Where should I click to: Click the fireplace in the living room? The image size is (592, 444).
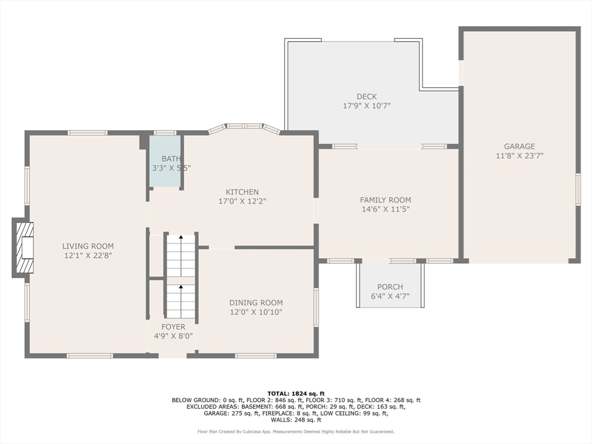point(23,247)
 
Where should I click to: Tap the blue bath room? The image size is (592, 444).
point(165,161)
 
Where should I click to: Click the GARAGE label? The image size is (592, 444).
point(520,146)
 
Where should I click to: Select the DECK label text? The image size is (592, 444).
point(367,97)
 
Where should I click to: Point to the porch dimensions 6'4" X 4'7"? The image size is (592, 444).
point(390,297)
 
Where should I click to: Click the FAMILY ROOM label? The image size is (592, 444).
point(386,199)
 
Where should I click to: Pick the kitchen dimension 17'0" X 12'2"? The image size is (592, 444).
point(242,201)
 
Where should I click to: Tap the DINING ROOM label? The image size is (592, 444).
point(256,302)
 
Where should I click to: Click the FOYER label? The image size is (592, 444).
point(173,327)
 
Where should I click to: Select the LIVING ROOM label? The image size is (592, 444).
point(88,246)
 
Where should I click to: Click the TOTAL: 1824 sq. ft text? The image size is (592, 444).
point(296,393)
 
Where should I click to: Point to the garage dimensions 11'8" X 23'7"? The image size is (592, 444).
point(520,156)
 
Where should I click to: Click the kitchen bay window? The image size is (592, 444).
point(245,127)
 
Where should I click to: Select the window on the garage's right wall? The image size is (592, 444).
point(578,190)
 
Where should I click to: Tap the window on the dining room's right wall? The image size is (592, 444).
point(316,307)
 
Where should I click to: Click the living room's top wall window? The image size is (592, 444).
point(88,132)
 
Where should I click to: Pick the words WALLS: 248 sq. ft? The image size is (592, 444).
point(296,420)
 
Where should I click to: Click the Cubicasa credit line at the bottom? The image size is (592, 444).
point(296,431)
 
